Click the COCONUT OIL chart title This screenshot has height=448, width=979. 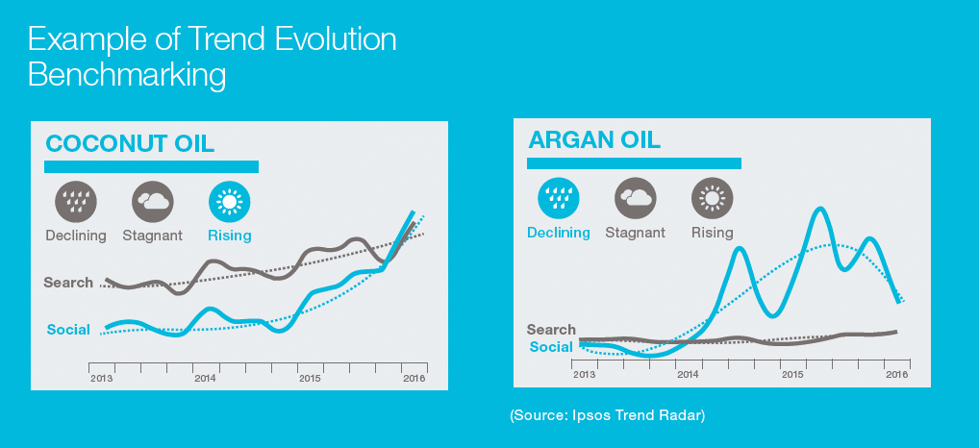point(130,144)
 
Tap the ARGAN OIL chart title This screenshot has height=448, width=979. point(594,140)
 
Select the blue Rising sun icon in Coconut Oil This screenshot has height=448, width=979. point(230,202)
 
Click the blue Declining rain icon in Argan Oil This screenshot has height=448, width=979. point(558,198)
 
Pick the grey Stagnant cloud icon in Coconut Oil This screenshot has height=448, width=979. point(153,202)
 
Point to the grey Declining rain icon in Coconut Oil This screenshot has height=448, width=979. point(74,202)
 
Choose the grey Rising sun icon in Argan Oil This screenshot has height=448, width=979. point(712,198)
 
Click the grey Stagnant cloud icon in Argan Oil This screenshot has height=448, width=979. point(635,198)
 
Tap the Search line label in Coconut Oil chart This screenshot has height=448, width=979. point(68,283)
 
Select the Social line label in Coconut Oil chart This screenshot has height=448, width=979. point(68,330)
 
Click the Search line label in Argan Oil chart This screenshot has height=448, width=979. point(551,330)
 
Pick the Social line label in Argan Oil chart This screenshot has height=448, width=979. point(551,347)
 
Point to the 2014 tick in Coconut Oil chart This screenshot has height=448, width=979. point(205,379)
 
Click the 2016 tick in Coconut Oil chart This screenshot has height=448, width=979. point(414,379)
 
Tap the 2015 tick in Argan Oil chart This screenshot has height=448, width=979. point(792,375)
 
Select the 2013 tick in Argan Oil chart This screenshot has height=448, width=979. point(583,375)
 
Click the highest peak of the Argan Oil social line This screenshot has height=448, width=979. point(819,209)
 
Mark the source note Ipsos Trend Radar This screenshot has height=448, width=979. point(608,414)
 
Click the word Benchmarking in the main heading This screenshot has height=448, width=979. point(127,74)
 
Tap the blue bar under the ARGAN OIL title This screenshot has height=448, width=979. point(634,163)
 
